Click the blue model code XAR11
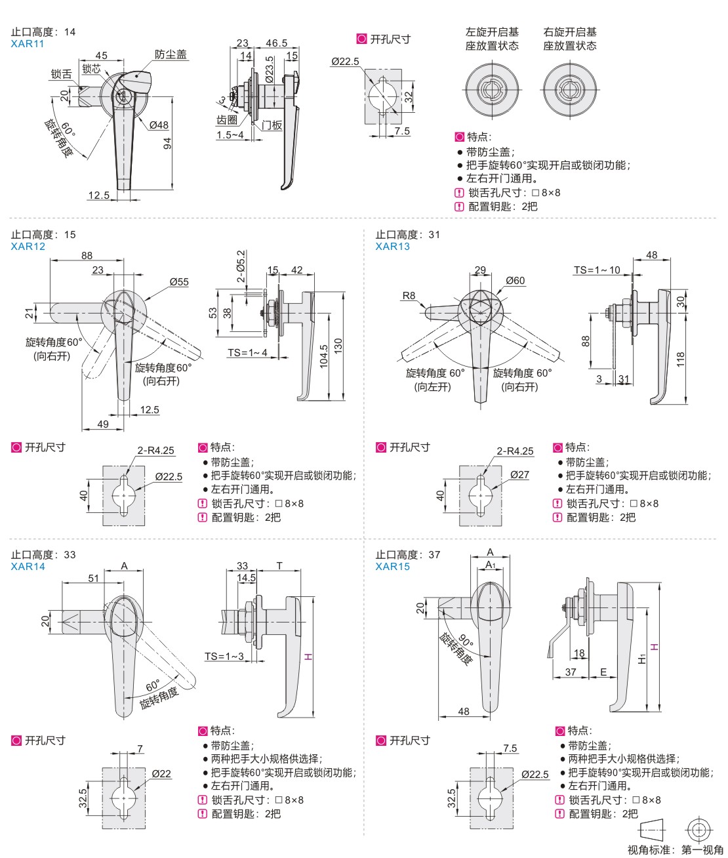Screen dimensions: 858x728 28,44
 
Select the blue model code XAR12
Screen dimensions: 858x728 28,247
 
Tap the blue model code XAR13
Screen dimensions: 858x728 392,247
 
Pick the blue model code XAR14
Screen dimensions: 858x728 28,567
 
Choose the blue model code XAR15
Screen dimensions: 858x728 392,567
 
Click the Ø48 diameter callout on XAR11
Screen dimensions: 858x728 159,125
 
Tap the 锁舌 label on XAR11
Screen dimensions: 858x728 62,75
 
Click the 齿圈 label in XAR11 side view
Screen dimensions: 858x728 227,121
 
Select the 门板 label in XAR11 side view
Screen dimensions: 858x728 272,125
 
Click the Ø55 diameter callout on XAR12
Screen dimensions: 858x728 179,282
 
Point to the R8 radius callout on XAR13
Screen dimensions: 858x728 409,296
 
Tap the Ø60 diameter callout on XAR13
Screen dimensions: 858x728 516,281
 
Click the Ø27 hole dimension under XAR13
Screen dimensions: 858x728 519,475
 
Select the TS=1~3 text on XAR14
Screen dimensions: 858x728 224,657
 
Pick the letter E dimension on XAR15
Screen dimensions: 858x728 603,672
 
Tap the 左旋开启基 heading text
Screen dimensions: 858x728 492,32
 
